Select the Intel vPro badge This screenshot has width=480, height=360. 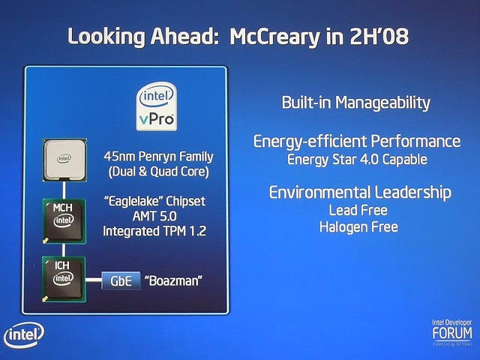157,106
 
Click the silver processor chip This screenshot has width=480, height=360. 64,160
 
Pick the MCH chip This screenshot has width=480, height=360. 64,221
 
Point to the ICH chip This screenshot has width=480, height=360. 64,279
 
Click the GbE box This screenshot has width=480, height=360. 121,280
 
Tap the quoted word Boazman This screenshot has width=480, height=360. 173,280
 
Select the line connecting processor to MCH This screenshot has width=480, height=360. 64,190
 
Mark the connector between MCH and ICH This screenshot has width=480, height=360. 64,250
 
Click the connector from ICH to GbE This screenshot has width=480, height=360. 94,280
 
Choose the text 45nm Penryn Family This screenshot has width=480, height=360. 158,157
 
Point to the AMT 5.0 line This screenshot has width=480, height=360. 154,217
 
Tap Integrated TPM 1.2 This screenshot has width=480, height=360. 154,231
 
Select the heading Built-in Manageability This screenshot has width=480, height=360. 355,103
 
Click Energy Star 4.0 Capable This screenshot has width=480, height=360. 357,160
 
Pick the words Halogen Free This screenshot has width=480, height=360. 358,227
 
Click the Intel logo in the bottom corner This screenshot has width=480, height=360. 24,335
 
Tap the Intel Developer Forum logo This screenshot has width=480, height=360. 452,333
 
